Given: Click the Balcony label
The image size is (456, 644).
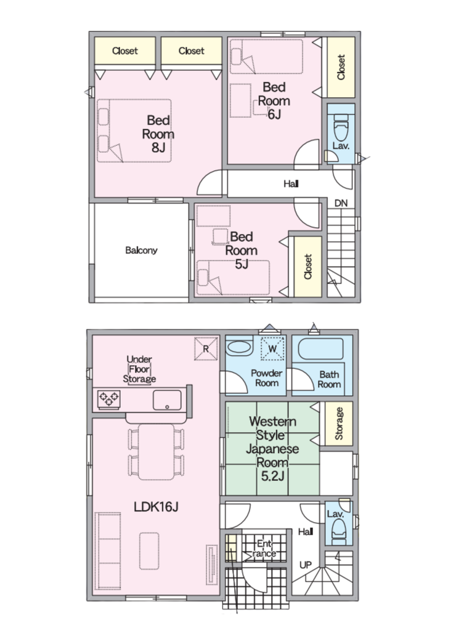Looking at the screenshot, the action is pyautogui.click(x=141, y=250).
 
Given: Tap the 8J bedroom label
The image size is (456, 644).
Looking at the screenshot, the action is pyautogui.click(x=158, y=134).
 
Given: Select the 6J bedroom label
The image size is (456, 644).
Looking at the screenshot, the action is pyautogui.click(x=274, y=100).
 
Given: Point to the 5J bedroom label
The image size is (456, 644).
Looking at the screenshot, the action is pyautogui.click(x=242, y=250).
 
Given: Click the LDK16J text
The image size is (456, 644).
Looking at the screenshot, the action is pyautogui.click(x=156, y=507).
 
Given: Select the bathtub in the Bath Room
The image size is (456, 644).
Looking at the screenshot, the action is pyautogui.click(x=320, y=349).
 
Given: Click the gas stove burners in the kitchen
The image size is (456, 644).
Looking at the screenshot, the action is pyautogui.click(x=109, y=399).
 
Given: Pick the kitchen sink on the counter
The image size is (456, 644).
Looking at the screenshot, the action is pyautogui.click(x=168, y=400).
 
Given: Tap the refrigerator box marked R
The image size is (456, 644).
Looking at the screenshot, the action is pyautogui.click(x=206, y=348).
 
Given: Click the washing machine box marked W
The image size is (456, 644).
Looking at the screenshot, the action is pyautogui.click(x=272, y=348).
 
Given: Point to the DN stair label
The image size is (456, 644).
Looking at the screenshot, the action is pyautogui.click(x=341, y=203).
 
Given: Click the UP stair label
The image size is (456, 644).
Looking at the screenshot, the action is pyautogui.click(x=306, y=565).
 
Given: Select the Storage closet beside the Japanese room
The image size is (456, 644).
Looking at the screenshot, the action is pyautogui.click(x=339, y=424).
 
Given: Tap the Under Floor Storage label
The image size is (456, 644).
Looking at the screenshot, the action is pyautogui.click(x=139, y=369).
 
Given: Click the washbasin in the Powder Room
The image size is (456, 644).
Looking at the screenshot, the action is pyautogui.click(x=239, y=347).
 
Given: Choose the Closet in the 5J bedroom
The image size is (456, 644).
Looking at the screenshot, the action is pyautogui.click(x=308, y=267).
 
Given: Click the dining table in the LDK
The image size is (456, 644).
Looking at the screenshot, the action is pyautogui.click(x=157, y=452).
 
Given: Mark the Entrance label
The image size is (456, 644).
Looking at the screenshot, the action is pyautogui.click(x=264, y=549).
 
